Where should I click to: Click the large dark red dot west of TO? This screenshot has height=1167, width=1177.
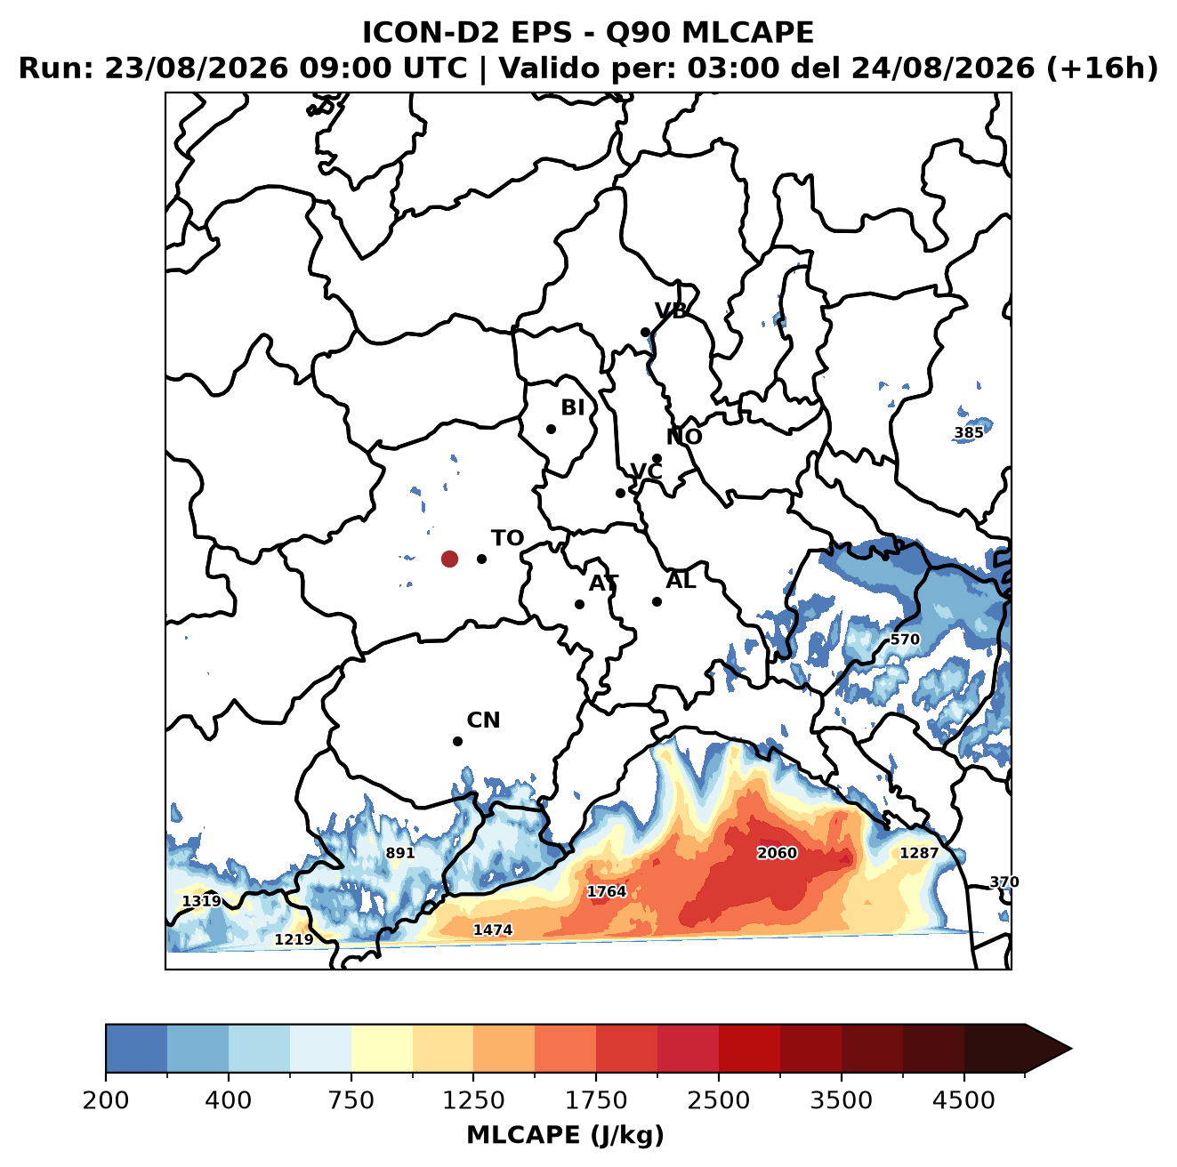pyautogui.click(x=449, y=559)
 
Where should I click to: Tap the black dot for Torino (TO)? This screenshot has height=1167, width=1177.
pyautogui.click(x=481, y=559)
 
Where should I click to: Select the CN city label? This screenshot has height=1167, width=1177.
pyautogui.click(x=483, y=720)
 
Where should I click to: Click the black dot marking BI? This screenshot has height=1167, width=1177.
pyautogui.click(x=551, y=430)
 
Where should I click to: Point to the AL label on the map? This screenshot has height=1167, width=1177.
pyautogui.click(x=681, y=580)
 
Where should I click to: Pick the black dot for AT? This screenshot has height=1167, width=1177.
pyautogui.click(x=579, y=605)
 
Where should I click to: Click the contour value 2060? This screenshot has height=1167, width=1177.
pyautogui.click(x=777, y=852)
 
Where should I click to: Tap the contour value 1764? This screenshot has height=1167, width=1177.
pyautogui.click(x=607, y=891)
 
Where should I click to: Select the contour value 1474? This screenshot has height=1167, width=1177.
pyautogui.click(x=493, y=930)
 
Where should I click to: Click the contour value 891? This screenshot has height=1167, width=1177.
pyautogui.click(x=400, y=852)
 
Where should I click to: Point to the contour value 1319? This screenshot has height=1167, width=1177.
pyautogui.click(x=202, y=901)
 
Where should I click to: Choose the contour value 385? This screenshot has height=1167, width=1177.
pyautogui.click(x=969, y=432)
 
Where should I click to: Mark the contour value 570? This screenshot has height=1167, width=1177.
pyautogui.click(x=905, y=639)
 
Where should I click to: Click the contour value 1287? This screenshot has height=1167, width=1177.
pyautogui.click(x=919, y=852)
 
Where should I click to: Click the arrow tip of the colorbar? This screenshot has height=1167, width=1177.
pyautogui.click(x=1071, y=1050)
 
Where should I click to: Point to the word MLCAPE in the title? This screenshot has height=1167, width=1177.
pyautogui.click(x=747, y=33)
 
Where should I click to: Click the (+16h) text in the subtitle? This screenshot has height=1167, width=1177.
pyautogui.click(x=1102, y=68)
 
